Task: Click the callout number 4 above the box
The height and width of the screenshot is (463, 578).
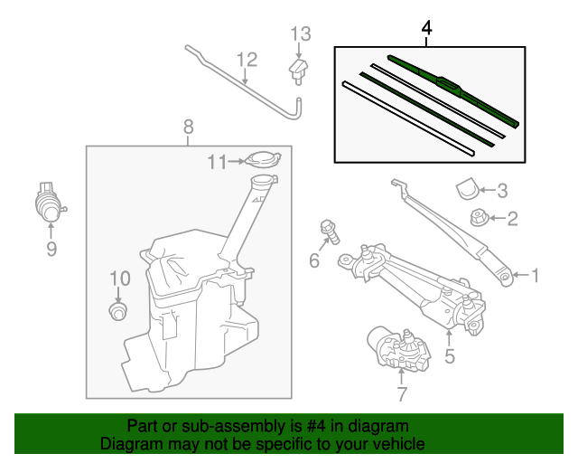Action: point(427,30)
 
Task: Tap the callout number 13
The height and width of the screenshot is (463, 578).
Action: point(300,34)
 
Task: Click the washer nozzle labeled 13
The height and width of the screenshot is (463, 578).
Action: point(299,70)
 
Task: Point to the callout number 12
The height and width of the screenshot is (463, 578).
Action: point(247,60)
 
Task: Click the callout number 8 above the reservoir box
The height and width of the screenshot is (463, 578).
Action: point(188,127)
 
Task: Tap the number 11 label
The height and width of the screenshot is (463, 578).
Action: point(216,162)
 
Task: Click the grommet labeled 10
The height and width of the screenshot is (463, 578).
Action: point(116,312)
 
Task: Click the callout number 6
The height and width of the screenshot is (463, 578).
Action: point(314,261)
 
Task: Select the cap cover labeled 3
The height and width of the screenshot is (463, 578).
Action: point(465,189)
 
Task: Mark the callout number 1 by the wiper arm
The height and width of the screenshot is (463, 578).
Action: point(534,275)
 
